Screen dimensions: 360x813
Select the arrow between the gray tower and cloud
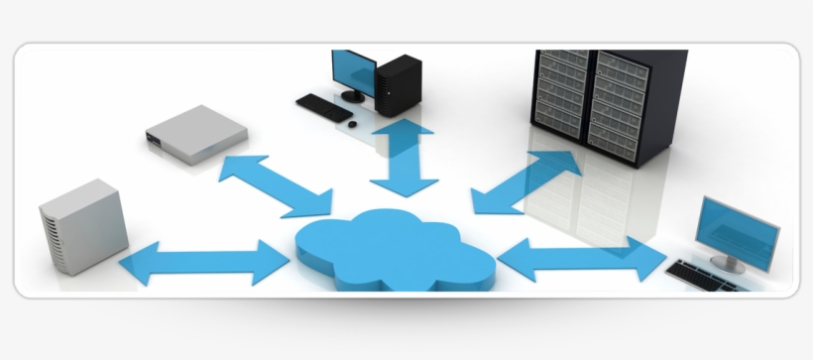pos(203,262)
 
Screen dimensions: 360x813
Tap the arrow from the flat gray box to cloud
pos(275,185)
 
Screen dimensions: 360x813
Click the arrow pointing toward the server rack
pos(526,181)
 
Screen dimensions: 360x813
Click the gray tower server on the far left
pos(83,228)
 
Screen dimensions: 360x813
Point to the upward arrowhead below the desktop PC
pos(405,132)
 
